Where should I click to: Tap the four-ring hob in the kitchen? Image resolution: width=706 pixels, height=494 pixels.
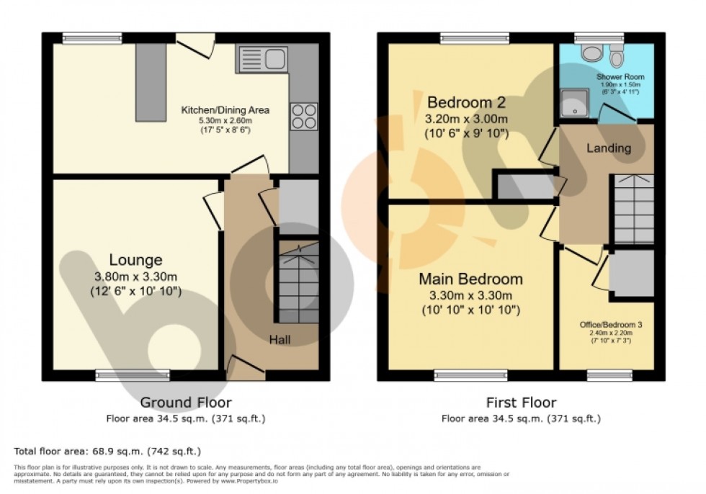tap(304, 116)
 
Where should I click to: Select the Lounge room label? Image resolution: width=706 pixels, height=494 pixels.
tap(135, 260)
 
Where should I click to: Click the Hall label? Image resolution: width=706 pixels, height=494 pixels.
tap(280, 338)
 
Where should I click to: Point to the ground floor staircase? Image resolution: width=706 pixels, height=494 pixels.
tap(298, 284)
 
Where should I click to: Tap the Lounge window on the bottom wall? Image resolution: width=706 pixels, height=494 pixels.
tap(133, 375)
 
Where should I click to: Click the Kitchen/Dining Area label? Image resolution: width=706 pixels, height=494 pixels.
tap(225, 110)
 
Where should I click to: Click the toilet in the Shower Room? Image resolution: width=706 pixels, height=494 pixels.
tap(617, 55)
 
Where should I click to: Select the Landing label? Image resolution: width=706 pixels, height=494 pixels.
tap(609, 148)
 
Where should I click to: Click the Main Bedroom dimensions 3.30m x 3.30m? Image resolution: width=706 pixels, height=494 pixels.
tap(471, 296)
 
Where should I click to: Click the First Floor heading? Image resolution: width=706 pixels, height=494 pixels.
tap(521, 403)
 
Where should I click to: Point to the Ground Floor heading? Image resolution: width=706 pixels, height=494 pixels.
tap(186, 403)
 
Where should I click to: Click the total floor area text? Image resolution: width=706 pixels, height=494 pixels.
tap(107, 452)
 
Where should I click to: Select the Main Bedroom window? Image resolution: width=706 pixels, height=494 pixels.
tap(471, 375)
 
